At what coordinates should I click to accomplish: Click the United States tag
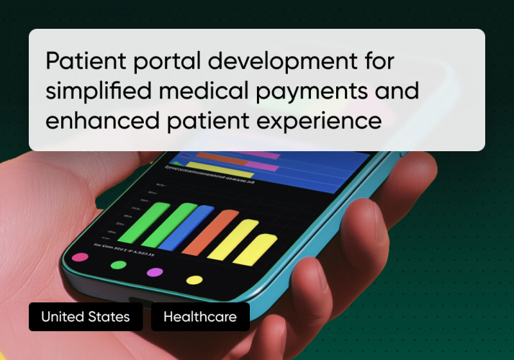click(85, 317)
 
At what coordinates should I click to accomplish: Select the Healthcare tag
click(199, 317)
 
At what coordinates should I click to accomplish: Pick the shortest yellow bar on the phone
click(261, 248)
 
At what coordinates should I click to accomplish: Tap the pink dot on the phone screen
click(80, 257)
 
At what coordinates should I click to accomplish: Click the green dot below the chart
click(118, 265)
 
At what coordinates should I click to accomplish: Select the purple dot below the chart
click(155, 272)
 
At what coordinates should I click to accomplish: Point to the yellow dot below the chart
click(194, 280)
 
